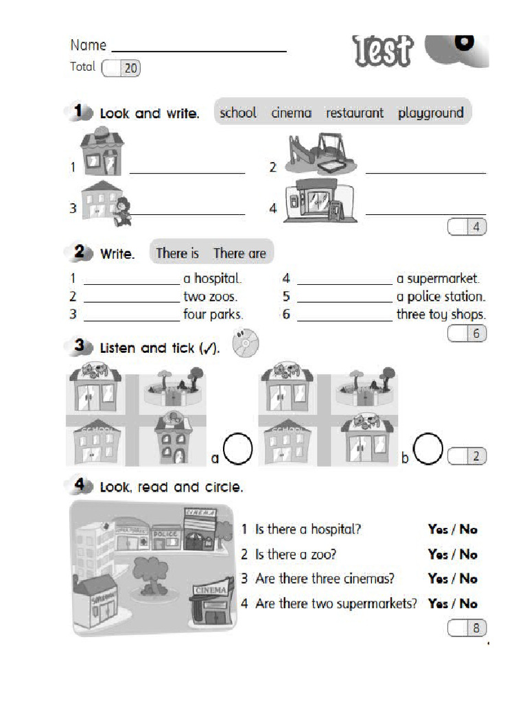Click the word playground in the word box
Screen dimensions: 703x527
point(430,113)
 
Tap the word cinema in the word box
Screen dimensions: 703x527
point(291,113)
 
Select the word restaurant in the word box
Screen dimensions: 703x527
point(354,113)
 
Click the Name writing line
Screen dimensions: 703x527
point(198,50)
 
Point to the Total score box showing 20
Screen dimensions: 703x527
point(121,68)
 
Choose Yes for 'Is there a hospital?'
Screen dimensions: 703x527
point(437,529)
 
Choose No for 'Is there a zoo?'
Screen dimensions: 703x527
point(469,554)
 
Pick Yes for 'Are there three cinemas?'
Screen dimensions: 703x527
point(437,579)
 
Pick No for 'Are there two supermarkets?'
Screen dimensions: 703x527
point(469,604)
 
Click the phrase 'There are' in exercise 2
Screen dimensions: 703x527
point(239,253)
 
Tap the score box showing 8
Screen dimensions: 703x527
point(467,627)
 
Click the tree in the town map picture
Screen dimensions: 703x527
point(149,573)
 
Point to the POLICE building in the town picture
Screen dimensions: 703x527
point(165,538)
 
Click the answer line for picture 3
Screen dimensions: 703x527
point(187,214)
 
